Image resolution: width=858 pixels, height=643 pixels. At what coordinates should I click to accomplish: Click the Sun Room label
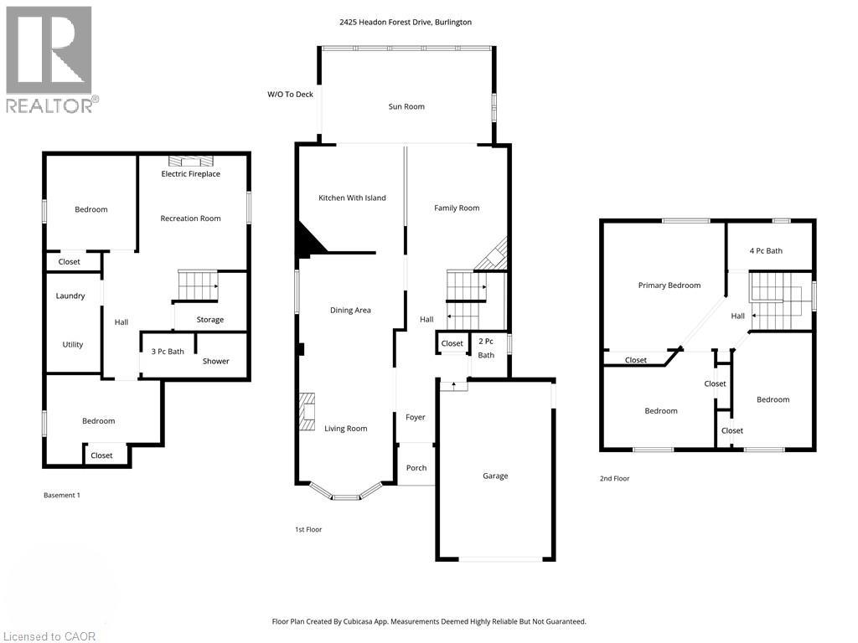[406, 106]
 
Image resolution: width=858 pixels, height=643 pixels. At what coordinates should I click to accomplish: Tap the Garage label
[495, 476]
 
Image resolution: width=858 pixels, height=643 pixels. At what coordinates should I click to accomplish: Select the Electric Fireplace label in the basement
[190, 174]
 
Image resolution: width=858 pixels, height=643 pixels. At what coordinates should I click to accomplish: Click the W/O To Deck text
[290, 94]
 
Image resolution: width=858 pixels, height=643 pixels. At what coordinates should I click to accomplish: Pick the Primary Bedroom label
[669, 285]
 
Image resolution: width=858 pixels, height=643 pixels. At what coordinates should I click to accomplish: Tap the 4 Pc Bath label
[766, 251]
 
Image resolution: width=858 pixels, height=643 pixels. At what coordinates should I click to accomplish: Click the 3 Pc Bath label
[168, 352]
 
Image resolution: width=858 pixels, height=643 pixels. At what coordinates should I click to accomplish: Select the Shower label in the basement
[215, 361]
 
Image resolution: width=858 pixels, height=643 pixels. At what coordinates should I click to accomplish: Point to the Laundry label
[70, 296]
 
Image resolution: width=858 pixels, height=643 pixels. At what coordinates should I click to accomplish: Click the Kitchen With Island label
[352, 198]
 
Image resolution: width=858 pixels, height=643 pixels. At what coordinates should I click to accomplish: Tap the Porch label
[416, 468]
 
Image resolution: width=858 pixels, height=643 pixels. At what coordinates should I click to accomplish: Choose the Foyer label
[416, 417]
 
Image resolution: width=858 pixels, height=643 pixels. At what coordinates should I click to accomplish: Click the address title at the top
[406, 23]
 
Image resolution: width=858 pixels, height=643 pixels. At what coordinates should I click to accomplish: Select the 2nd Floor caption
[614, 478]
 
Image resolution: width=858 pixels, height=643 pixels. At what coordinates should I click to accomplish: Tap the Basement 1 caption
[62, 496]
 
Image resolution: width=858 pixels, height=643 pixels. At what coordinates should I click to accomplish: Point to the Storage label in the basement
[210, 320]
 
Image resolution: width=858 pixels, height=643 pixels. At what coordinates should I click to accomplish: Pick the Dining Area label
[350, 310]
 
